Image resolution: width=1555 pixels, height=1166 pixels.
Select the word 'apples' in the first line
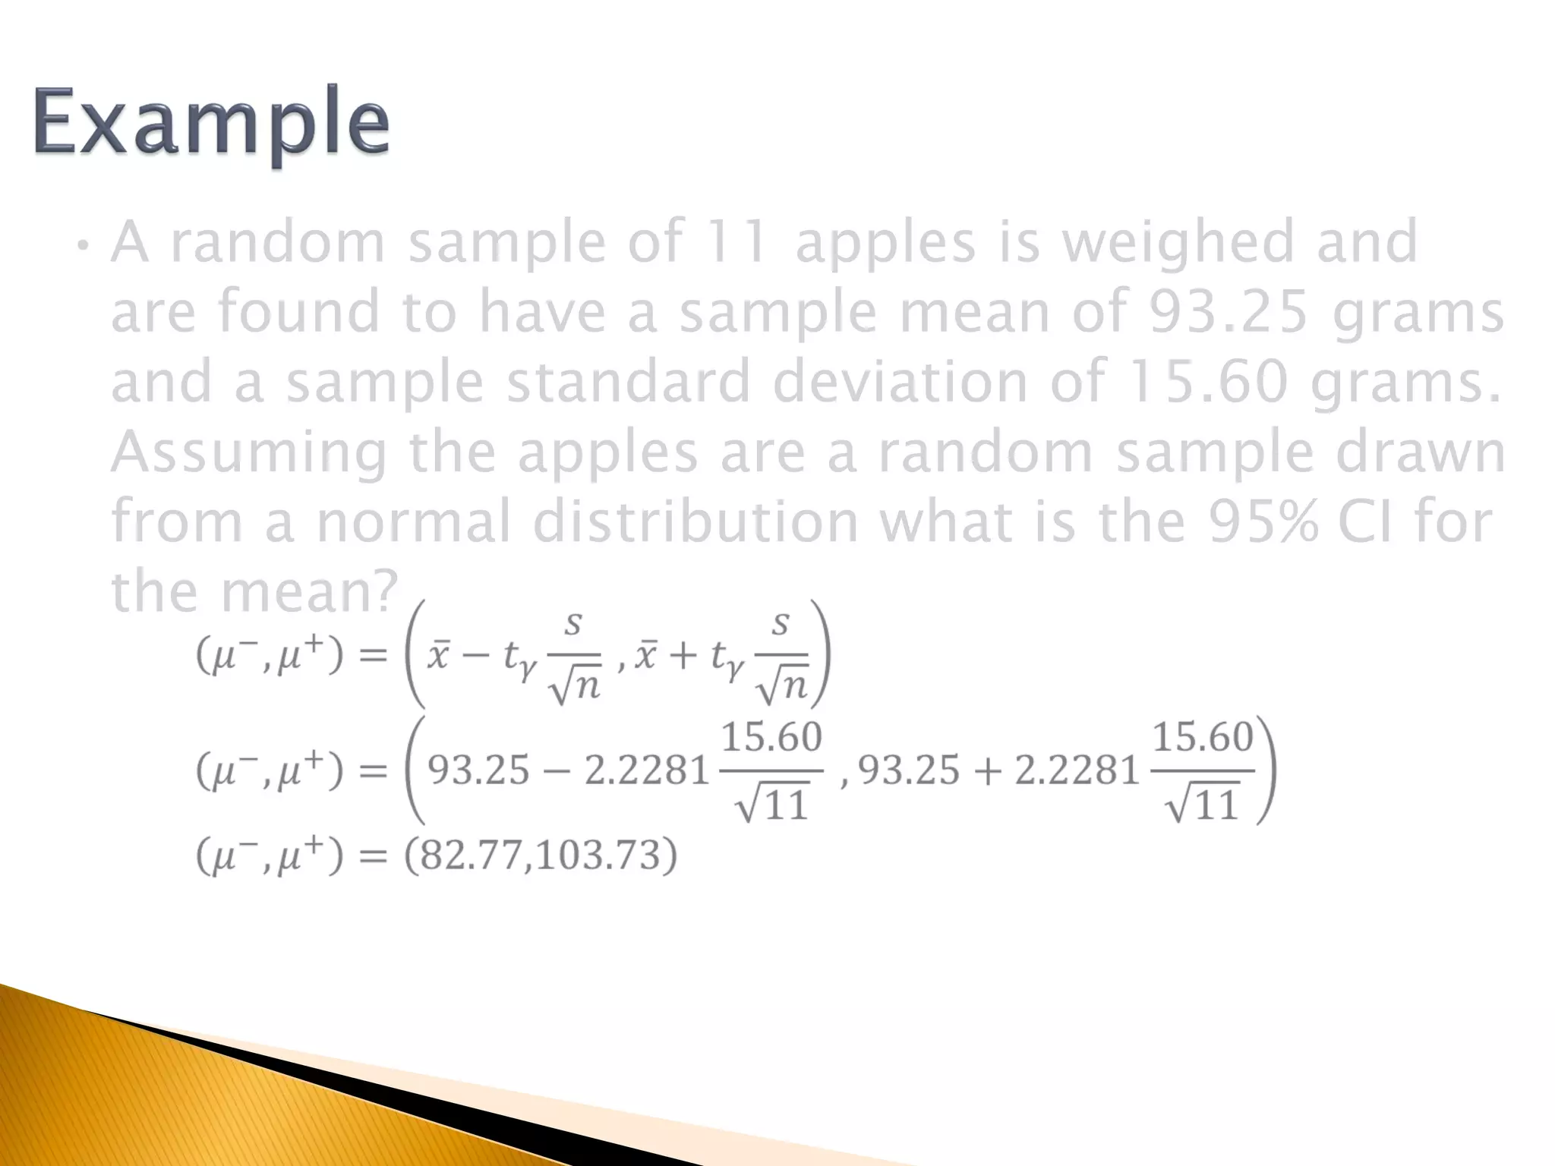pyautogui.click(x=885, y=241)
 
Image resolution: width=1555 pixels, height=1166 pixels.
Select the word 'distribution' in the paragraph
pyautogui.click(x=695, y=522)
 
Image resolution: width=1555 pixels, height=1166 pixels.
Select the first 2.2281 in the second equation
pyautogui.click(x=646, y=771)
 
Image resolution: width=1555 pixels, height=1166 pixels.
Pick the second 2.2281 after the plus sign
pyautogui.click(x=1077, y=771)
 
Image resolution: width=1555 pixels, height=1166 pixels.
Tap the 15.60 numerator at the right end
pyautogui.click(x=1202, y=737)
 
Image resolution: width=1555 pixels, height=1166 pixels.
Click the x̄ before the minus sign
pyautogui.click(x=438, y=655)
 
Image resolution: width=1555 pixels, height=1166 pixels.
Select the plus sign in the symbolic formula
pyautogui.click(x=683, y=655)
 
